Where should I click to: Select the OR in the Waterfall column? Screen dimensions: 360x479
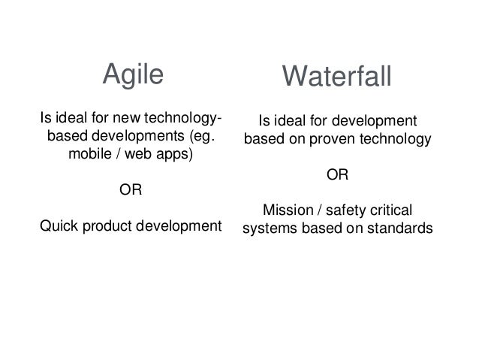tap(336, 175)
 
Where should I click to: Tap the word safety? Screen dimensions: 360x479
tap(342, 210)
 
